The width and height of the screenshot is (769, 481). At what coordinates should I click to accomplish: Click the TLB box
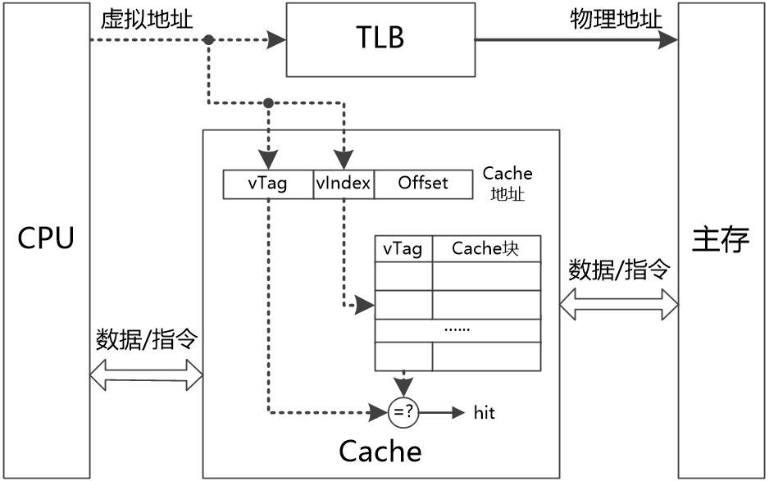(380, 39)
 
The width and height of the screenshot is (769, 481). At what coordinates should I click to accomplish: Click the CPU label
(46, 239)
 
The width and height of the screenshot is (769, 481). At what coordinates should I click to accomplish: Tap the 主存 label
(721, 239)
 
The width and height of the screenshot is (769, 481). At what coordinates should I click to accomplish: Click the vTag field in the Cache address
(268, 184)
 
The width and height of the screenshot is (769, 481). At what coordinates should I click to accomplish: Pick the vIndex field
(344, 184)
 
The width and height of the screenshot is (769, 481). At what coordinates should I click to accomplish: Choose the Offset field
(423, 184)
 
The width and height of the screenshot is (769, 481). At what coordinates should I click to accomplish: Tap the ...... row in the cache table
(457, 329)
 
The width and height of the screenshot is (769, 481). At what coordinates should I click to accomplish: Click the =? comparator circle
(403, 412)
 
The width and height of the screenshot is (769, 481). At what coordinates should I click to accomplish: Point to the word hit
(485, 413)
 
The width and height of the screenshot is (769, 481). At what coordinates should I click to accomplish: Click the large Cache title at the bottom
(380, 451)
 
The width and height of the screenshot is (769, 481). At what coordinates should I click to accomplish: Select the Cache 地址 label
(507, 184)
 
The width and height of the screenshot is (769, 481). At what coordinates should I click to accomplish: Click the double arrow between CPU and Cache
(146, 376)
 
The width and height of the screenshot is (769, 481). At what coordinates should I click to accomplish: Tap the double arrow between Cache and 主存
(619, 304)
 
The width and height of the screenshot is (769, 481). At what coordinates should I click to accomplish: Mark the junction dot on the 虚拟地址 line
(209, 39)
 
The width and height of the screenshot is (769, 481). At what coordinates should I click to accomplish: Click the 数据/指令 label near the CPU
(147, 339)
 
